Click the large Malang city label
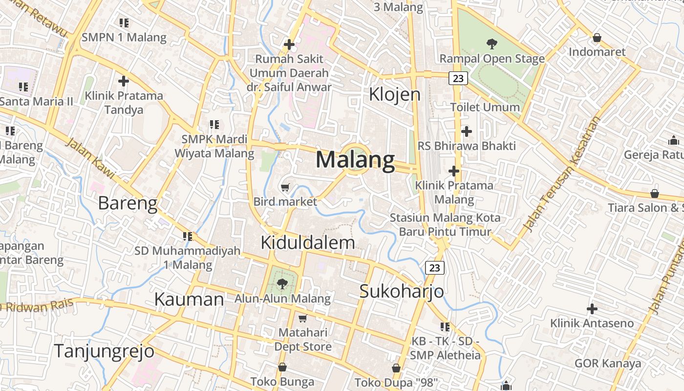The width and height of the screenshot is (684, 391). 355,160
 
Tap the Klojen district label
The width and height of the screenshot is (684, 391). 394,94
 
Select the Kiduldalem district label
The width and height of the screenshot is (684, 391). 308,242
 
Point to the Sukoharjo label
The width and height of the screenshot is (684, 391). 402,291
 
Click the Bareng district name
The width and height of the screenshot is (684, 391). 128,203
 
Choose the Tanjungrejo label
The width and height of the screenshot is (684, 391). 104,351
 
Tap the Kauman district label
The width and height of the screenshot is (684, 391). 189,299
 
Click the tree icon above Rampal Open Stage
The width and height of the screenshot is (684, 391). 492,44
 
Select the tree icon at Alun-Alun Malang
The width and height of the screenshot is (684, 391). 282,283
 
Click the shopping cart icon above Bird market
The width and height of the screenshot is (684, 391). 285,187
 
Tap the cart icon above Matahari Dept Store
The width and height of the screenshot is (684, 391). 302,319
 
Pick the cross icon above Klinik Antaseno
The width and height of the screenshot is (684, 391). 592,309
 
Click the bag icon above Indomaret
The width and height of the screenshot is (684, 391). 597,38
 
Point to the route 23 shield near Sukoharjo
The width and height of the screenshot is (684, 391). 434,268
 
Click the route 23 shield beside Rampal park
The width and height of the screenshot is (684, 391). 458,78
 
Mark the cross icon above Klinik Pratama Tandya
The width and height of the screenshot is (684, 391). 124,81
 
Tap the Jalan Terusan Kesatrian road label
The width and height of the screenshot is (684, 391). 562,174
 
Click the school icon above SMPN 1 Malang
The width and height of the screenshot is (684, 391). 124,22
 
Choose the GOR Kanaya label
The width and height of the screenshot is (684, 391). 607,364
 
